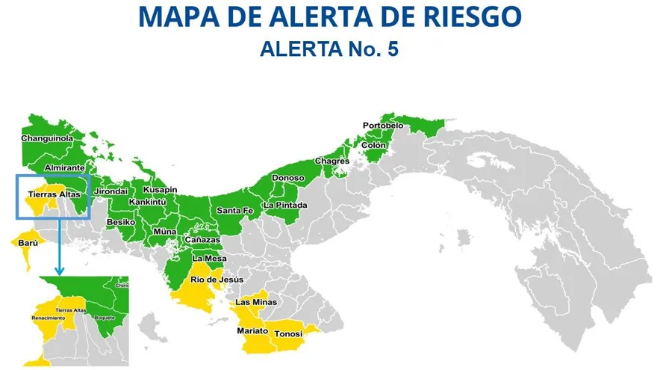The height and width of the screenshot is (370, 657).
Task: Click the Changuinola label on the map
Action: point(46,139)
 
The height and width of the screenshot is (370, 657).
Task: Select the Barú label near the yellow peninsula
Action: point(28,243)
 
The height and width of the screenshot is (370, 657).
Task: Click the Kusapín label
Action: point(161,190)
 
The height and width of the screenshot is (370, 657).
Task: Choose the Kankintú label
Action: point(147,202)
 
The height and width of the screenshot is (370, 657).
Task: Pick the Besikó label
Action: point(121,222)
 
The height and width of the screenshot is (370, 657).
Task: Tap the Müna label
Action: point(165,232)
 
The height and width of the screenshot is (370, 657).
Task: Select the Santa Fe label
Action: point(234,212)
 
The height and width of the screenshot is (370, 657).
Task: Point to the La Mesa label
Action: point(210,259)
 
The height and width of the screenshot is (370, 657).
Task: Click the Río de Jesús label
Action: point(217,279)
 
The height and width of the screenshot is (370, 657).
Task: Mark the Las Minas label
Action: point(256,302)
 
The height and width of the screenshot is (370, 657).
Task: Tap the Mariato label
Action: point(252,330)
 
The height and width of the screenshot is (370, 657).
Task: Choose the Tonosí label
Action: point(289,333)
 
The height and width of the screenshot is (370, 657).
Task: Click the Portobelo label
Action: point(382,125)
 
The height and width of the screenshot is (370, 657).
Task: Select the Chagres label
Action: point(332,161)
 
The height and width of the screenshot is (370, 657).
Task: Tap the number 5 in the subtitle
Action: point(393,49)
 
